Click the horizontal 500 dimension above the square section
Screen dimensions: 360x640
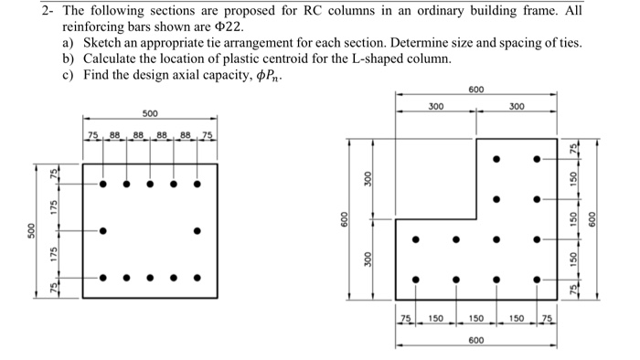[149, 113]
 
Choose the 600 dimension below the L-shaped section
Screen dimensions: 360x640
[475, 340]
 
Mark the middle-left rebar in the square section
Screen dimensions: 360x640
[102, 230]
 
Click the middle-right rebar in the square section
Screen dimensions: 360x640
[197, 230]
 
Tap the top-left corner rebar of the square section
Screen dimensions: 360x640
[102, 184]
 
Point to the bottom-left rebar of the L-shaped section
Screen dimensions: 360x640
[416, 280]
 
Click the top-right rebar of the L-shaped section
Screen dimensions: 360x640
[537, 159]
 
